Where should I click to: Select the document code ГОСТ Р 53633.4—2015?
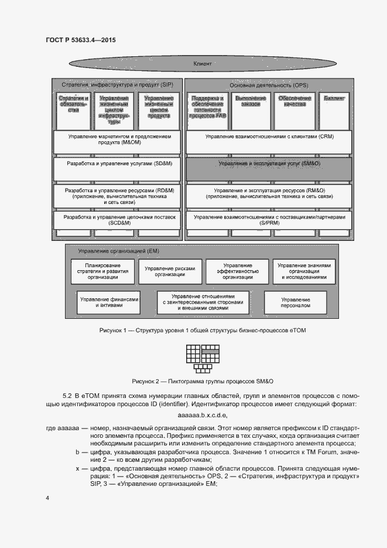click(80, 40)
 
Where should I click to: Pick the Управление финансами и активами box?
click(109, 302)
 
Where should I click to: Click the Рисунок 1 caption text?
click(203, 331)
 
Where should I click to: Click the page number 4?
click(48, 498)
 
